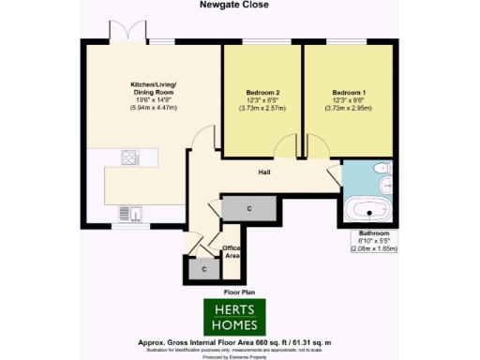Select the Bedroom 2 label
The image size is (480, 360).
[262, 93]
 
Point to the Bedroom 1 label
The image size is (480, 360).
[349, 93]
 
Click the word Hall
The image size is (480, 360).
[265, 172]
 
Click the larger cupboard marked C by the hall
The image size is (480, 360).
[248, 208]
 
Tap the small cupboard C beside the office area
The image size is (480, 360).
[203, 268]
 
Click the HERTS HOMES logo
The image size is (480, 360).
[235, 317]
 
